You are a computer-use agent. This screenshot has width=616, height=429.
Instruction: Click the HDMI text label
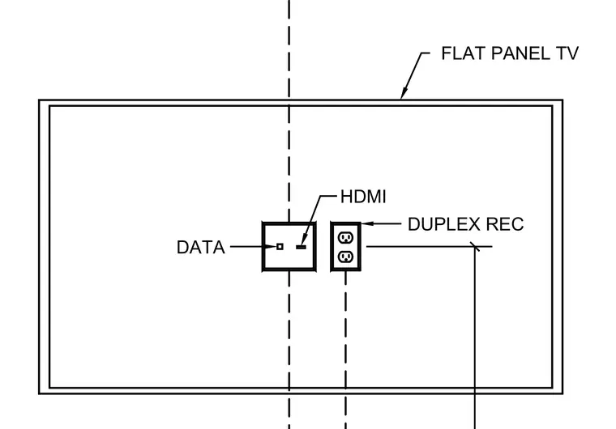tap(363, 197)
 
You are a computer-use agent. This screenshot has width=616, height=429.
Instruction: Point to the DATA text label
tap(201, 247)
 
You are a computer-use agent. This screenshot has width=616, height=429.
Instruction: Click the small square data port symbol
tap(280, 247)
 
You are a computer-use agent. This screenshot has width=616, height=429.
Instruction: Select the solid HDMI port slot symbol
tap(302, 247)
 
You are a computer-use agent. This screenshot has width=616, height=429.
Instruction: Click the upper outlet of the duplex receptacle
tap(346, 237)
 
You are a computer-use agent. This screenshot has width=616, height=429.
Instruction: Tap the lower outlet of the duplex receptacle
tap(346, 257)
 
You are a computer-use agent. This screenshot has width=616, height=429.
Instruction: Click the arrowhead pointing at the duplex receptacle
tap(367, 223)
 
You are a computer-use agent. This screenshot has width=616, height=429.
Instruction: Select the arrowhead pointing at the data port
tap(271, 247)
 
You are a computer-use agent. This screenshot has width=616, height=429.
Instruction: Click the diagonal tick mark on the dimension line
tap(475, 247)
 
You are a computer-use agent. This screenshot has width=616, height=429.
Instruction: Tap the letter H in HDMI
tap(346, 197)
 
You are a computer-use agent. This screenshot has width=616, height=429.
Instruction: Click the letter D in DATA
tap(182, 247)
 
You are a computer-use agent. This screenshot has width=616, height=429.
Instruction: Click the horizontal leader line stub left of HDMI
tap(328, 195)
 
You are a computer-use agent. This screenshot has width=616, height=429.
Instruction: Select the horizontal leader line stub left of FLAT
tap(426, 53)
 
